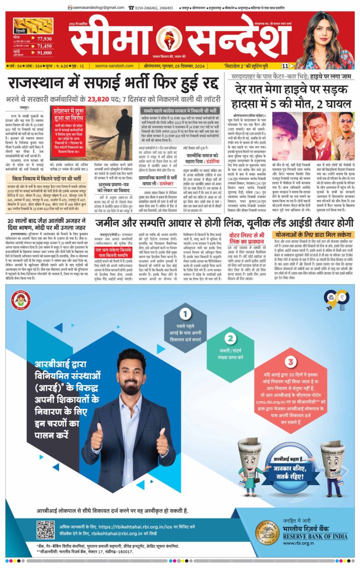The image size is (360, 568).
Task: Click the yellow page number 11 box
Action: point(285,66)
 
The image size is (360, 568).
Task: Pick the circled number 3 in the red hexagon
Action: point(291,361)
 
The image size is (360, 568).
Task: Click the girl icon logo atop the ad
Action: point(22,300)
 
